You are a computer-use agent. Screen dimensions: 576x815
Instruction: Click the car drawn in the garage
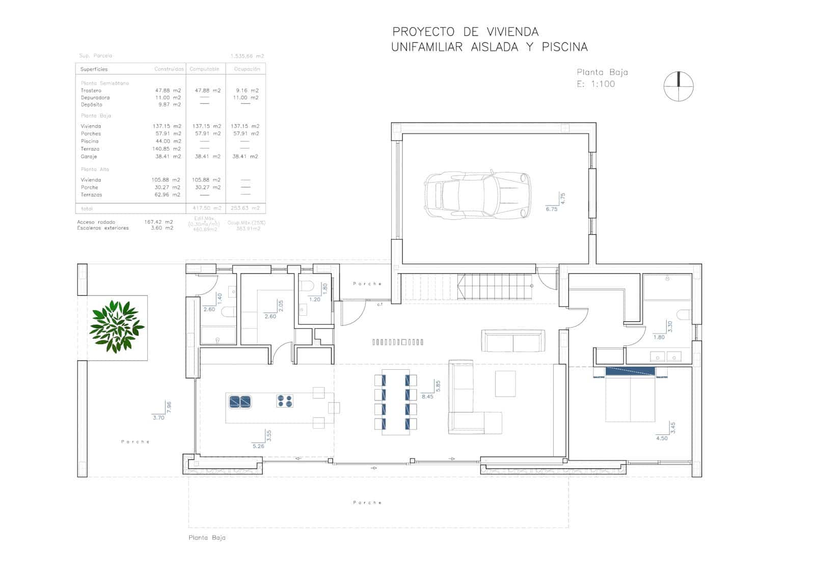(477, 195)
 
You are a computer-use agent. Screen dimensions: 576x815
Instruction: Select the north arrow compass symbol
(678, 86)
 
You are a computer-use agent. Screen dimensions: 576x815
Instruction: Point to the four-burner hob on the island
(285, 401)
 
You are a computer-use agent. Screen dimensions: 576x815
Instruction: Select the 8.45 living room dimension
(427, 396)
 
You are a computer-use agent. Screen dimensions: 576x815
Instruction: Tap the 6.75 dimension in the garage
(551, 209)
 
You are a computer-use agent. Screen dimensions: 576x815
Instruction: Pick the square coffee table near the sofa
(505, 383)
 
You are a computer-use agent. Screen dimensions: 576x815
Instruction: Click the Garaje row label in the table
(89, 156)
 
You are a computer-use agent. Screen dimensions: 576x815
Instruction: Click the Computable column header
(204, 69)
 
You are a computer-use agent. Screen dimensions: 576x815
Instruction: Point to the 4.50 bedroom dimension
(661, 438)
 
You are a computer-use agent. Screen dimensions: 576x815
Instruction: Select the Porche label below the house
(367, 503)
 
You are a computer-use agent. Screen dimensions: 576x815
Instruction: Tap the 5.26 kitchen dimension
(258, 446)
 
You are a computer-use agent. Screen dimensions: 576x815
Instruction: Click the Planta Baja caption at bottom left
(207, 537)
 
